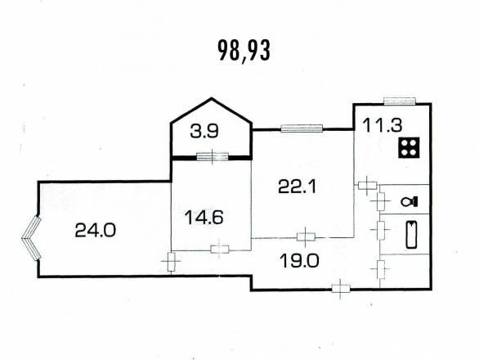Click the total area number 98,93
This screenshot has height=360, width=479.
(244, 52)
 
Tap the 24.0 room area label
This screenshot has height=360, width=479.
(96, 230)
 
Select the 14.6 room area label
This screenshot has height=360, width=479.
(204, 218)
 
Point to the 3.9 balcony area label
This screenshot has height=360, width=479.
(204, 132)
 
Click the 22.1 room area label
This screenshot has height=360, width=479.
(298, 187)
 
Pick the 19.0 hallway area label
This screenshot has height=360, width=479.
(299, 261)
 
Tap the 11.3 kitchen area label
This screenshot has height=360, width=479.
(383, 125)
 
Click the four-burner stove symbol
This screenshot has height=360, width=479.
(409, 147)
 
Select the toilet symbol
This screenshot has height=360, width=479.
(410, 201)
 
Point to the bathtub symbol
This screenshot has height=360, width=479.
(411, 234)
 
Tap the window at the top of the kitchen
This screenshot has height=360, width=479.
(400, 101)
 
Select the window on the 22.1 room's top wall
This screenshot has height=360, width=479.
(302, 128)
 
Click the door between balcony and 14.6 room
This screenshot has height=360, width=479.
(213, 156)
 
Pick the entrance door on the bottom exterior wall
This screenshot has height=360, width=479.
(341, 289)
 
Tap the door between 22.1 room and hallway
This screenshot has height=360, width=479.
(306, 236)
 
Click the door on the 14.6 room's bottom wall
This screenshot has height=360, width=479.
(220, 250)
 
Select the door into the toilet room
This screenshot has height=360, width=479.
(380, 201)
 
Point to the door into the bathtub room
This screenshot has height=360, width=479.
(380, 229)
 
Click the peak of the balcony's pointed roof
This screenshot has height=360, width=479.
(212, 98)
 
